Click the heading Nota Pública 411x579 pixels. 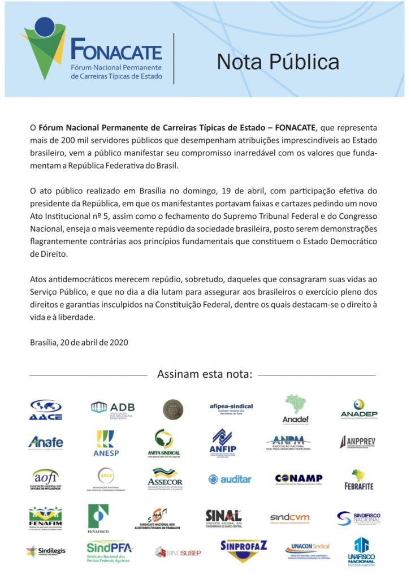(278, 62)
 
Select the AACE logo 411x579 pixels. (46, 409)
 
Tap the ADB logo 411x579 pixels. (113, 408)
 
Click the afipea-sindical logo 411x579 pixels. (231, 408)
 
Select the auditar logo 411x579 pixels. (230, 479)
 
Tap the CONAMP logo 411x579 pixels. (298, 479)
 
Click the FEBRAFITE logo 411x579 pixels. (358, 479)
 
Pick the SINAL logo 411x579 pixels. (224, 516)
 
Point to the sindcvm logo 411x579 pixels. (289, 517)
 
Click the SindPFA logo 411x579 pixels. (110, 550)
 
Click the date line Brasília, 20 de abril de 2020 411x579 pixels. (80, 342)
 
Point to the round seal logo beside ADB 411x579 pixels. (173, 409)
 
